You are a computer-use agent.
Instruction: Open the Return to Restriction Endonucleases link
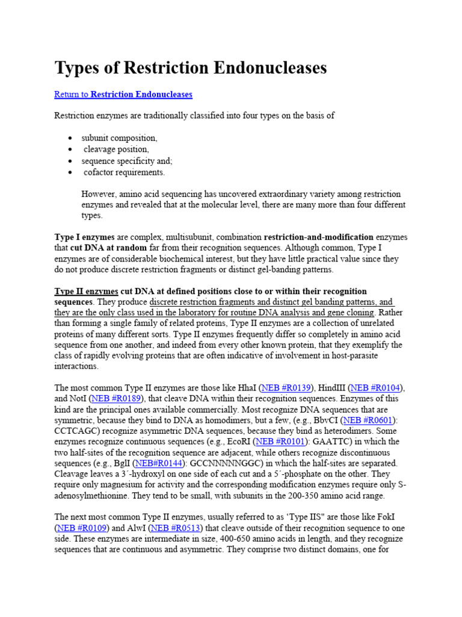(x=123, y=95)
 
